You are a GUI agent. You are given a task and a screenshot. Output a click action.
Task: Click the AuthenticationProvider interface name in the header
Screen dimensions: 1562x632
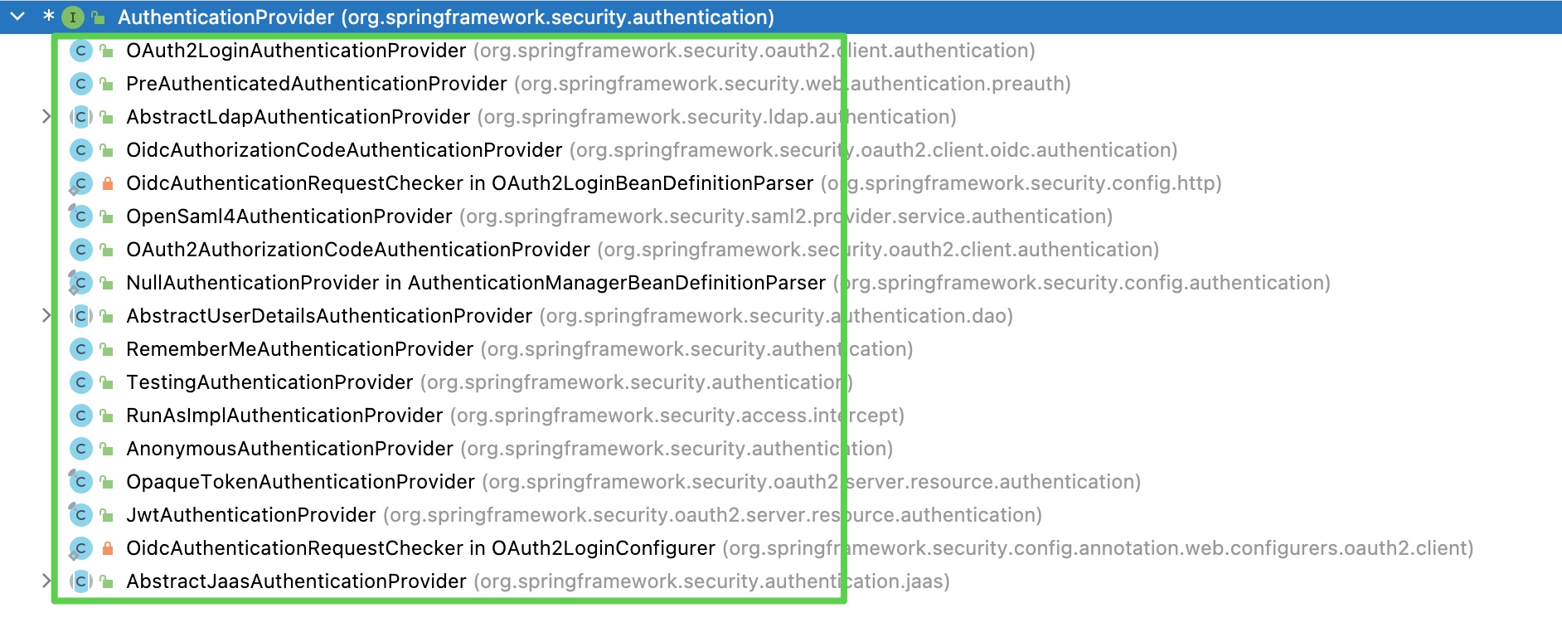click(226, 17)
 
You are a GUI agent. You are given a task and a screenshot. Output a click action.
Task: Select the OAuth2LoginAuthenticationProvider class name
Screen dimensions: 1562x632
click(296, 51)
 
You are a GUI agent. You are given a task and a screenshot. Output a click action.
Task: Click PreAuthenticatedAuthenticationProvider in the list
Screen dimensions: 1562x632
click(317, 84)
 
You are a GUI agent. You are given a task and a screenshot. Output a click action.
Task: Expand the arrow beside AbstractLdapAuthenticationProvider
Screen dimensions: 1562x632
click(46, 117)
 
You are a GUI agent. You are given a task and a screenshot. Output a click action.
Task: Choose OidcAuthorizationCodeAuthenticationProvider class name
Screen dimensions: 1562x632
click(344, 150)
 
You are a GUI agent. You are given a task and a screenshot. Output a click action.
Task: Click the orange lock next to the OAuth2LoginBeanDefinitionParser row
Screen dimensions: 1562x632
click(107, 183)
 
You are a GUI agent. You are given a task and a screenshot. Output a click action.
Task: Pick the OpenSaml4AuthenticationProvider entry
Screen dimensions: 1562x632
click(289, 216)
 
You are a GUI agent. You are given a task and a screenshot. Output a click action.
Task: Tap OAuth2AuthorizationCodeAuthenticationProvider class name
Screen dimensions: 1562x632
click(358, 250)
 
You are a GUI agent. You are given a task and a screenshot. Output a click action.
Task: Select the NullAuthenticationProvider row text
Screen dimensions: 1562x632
click(476, 283)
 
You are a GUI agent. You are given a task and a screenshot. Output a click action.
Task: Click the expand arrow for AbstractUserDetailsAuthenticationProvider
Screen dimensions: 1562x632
click(46, 316)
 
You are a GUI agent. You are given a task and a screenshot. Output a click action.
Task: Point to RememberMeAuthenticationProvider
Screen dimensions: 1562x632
click(300, 349)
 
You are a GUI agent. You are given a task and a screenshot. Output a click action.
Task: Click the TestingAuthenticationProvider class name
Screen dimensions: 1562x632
click(269, 382)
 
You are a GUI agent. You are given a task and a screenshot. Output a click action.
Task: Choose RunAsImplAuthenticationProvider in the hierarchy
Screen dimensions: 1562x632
click(284, 416)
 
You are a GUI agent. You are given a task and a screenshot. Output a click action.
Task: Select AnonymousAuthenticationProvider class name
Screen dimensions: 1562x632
click(290, 449)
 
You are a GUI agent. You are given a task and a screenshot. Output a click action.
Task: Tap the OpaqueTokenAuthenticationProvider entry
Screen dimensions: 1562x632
click(301, 482)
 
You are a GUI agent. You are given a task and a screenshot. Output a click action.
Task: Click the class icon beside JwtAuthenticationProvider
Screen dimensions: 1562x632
click(80, 515)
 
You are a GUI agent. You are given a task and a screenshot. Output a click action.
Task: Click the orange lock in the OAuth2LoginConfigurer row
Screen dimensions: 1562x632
click(107, 548)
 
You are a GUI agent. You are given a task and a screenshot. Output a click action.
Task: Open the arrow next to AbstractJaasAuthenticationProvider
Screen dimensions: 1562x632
click(46, 581)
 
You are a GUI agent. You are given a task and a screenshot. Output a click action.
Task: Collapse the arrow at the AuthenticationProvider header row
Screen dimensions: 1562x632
click(17, 17)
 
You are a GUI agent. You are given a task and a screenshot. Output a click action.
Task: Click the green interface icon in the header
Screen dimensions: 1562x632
click(73, 17)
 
